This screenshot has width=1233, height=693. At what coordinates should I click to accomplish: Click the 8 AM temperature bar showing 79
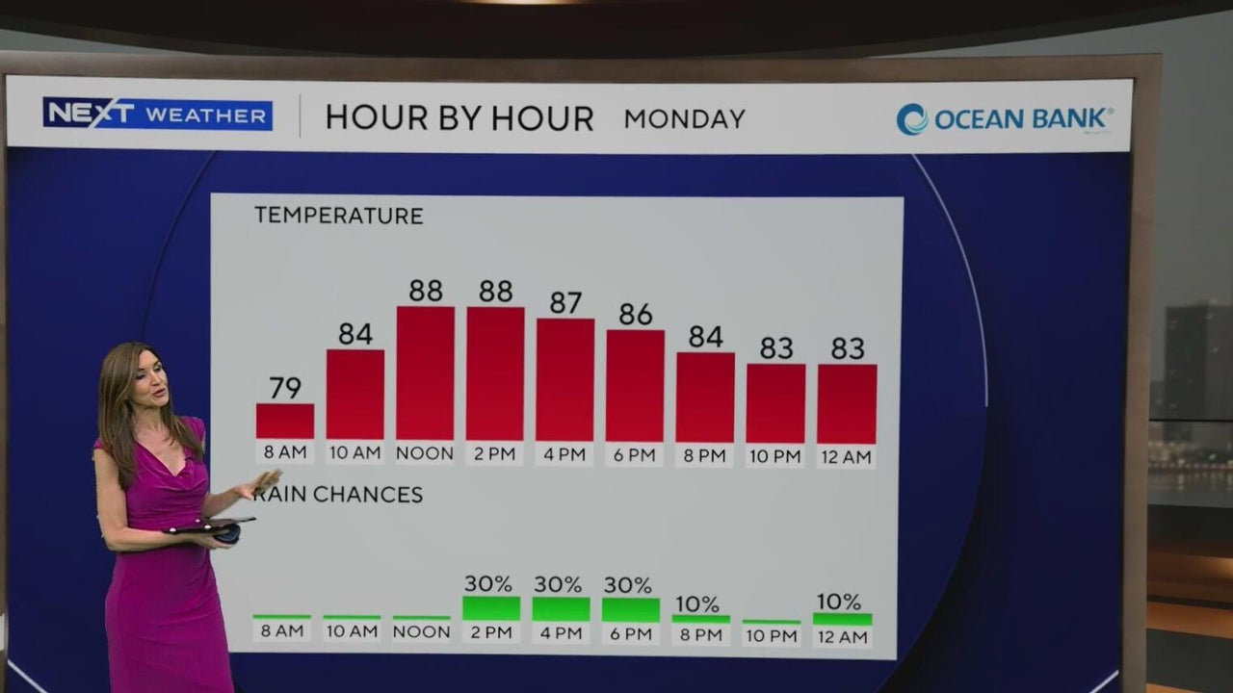click(285, 422)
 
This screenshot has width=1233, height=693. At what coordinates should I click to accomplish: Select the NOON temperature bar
click(426, 373)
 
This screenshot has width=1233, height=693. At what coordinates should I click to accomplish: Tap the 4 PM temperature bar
click(565, 380)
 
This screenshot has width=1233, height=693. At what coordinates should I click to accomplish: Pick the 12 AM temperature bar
click(847, 403)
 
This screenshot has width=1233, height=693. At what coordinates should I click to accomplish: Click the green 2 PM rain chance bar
click(491, 608)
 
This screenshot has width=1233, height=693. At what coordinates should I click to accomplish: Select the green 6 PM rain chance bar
click(631, 610)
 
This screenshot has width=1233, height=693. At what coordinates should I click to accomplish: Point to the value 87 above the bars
click(565, 302)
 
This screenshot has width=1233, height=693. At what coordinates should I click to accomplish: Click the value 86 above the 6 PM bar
click(635, 314)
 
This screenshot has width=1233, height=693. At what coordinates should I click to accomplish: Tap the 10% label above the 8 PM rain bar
click(697, 604)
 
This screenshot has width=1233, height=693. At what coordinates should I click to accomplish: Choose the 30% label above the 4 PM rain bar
click(558, 584)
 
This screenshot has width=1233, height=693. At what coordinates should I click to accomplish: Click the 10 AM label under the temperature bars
click(355, 453)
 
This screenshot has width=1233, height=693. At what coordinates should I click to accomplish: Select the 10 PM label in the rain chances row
click(772, 636)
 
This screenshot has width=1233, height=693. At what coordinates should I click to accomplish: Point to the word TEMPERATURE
click(338, 216)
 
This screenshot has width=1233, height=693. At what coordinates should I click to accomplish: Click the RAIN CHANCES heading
click(338, 495)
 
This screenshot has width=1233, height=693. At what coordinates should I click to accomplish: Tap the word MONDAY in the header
click(685, 119)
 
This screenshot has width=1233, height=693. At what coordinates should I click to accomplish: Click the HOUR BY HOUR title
click(459, 118)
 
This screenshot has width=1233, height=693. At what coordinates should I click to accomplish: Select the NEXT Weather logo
click(157, 115)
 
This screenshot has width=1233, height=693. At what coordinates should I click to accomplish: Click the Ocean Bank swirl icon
click(912, 119)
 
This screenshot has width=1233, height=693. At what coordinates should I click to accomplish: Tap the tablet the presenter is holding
click(209, 526)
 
